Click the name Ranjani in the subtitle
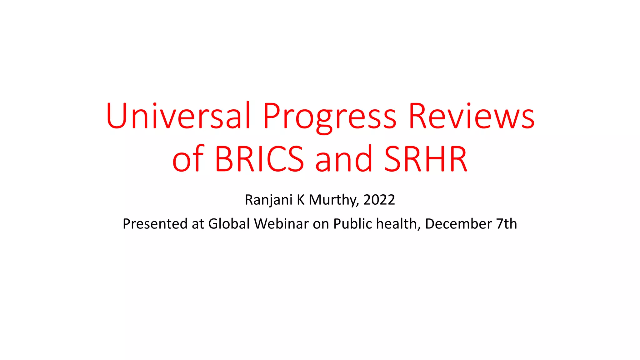268,200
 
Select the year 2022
379,200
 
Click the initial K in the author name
301,200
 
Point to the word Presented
155,224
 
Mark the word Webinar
281,224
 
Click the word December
458,224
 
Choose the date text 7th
507,224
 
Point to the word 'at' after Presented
198,224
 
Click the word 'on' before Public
321,224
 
